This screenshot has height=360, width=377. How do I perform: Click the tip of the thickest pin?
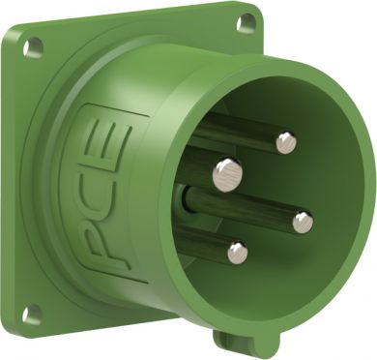click(227, 175)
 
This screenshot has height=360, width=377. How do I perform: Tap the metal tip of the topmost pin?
click(286, 143)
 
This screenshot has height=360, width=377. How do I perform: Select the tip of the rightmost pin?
click(303, 223)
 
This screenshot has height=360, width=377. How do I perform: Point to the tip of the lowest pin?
click(238, 253)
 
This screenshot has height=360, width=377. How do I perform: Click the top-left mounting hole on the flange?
click(33, 47)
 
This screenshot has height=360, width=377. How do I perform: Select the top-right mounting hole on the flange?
click(246, 22)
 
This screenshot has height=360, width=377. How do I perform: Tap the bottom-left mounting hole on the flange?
click(32, 314)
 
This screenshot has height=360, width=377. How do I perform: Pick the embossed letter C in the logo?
click(108, 189)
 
